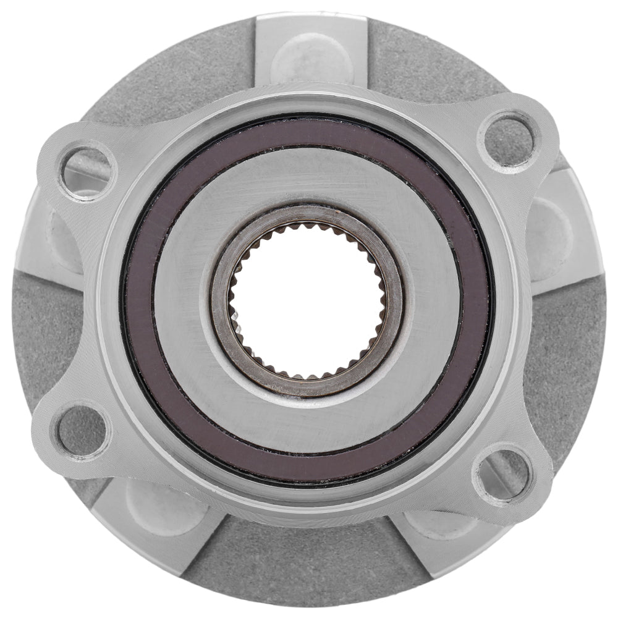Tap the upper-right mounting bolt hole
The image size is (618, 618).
[x=509, y=140]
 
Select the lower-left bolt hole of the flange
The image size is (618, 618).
[x=83, y=430]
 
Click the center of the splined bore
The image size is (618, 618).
[x=307, y=301]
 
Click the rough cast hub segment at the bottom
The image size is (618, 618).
[x=297, y=562]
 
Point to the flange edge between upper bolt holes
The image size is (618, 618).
[x=309, y=93]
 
